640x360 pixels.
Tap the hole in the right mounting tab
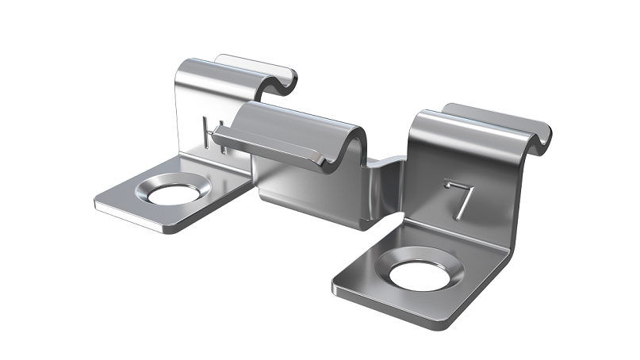[x=420, y=275]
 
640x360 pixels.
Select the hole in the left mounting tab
[x=173, y=194]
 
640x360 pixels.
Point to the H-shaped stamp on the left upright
[x=214, y=135]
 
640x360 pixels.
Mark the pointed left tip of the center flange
[x=214, y=132]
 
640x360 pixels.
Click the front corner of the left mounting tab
[x=171, y=232]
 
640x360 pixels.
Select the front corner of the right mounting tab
[x=438, y=328]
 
